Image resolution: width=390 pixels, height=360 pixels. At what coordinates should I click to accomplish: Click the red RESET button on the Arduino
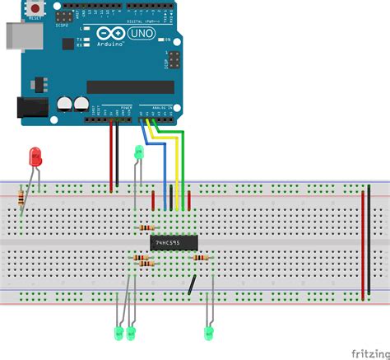click(x=36, y=9)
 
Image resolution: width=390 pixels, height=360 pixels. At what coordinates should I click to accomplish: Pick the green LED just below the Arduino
click(x=139, y=152)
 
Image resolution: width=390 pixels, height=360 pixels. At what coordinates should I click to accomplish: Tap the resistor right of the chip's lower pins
click(x=200, y=258)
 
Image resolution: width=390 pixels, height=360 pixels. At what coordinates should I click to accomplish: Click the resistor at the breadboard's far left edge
click(x=21, y=198)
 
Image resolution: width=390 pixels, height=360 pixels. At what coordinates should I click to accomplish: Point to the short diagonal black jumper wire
click(x=191, y=285)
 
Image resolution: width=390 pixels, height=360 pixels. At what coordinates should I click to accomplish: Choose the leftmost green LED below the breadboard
click(x=118, y=332)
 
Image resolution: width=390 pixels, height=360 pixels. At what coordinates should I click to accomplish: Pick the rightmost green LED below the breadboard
click(x=209, y=332)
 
